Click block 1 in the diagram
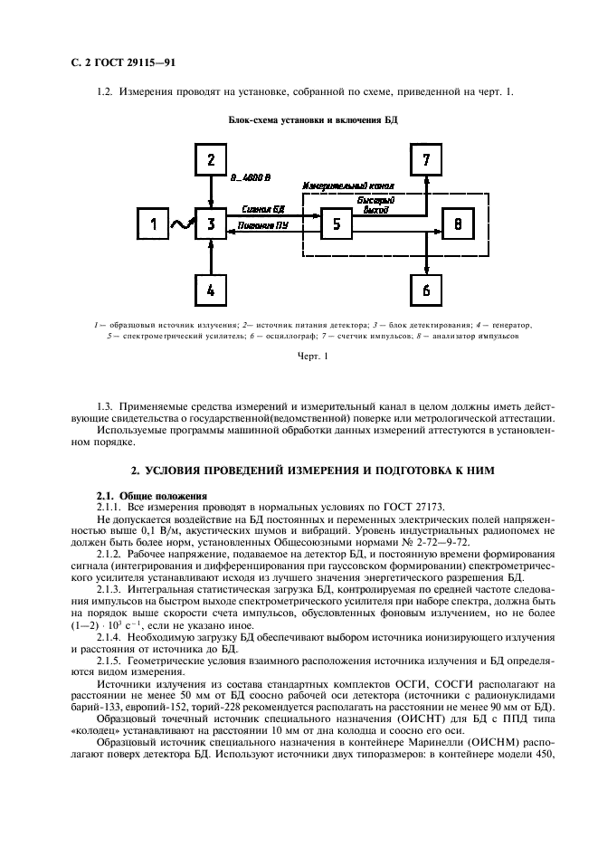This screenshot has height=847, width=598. coord(153,224)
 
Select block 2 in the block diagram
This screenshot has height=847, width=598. coord(210,161)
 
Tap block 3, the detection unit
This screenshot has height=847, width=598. coord(210,224)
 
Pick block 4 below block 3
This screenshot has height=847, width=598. coord(210,290)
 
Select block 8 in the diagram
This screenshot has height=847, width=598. coord(458,224)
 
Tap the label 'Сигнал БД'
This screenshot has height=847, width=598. coord(262,208)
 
